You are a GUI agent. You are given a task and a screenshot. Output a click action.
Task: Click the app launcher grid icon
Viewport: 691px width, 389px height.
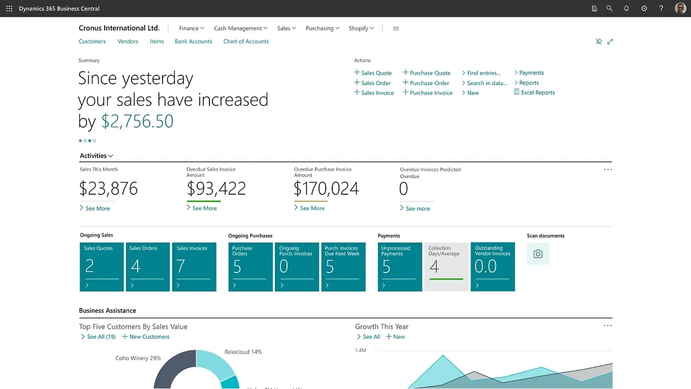pos(9,9)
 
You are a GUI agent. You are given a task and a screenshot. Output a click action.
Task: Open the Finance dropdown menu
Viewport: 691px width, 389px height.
pos(191,28)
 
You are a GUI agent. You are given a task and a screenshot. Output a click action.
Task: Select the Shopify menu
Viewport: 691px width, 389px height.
pos(361,28)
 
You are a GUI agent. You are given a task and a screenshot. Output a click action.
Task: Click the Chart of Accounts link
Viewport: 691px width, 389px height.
pos(246,42)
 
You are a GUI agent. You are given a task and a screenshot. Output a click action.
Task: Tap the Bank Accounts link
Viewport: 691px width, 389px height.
pos(193,42)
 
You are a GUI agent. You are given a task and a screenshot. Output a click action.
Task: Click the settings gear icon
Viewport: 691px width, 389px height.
pos(644,9)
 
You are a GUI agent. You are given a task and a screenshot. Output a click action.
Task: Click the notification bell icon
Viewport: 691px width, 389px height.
pos(627,9)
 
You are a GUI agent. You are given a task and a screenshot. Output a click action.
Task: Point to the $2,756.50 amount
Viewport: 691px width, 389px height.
pos(137,121)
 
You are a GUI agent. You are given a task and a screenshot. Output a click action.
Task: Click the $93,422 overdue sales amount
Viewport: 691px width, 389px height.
pos(216,188)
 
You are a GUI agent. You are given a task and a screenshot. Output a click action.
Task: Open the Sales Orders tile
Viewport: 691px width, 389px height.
pos(148,267)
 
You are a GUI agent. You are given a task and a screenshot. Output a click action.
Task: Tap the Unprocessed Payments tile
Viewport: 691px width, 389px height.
pos(400,267)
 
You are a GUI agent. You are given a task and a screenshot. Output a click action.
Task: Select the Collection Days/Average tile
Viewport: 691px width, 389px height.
pos(446,267)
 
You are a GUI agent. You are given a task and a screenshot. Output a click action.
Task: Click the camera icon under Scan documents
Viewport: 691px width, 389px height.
pos(538,254)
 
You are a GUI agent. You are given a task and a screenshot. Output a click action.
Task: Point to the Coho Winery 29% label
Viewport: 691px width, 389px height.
pos(138,358)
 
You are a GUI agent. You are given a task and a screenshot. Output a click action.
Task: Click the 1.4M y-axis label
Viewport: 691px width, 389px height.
pos(360,350)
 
